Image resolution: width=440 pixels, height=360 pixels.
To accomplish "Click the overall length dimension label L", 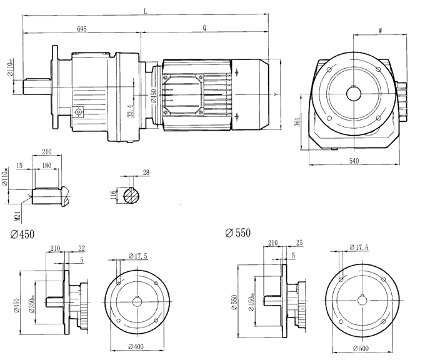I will point(146,11).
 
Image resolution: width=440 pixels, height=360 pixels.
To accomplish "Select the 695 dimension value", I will point(82,29).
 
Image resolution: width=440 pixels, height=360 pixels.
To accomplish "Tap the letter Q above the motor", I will point(205,29).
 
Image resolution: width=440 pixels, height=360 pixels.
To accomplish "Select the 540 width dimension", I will point(353,161).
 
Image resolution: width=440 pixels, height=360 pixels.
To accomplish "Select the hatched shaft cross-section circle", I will point(132,195).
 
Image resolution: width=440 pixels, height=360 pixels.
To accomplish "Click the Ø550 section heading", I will point(237,233).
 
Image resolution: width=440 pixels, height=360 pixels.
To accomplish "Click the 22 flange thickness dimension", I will point(81,248).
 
